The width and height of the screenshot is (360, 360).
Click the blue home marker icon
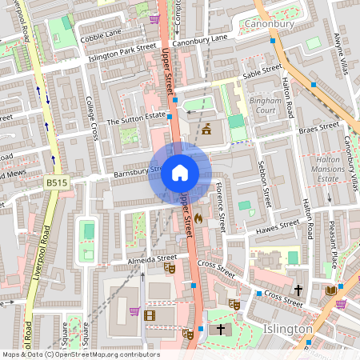pyautogui.click(x=179, y=172)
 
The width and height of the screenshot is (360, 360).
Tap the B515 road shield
pyautogui.click(x=55, y=184)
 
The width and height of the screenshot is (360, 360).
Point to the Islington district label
pyautogui.click(x=287, y=329)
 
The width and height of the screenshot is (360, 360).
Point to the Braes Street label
pyautogui.click(x=318, y=128)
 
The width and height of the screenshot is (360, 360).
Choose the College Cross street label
pyautogui.click(x=92, y=117)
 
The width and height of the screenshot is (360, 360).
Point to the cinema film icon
pyautogui.click(x=149, y=314)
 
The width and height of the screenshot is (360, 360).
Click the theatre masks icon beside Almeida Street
pyautogui.click(x=170, y=269)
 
